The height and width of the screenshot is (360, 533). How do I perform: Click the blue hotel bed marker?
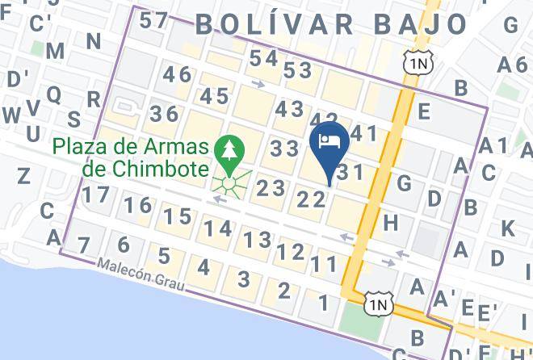pos(329,142)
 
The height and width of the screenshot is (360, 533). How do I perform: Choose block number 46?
pos(177,75)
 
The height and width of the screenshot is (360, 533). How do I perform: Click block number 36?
pos(164,114)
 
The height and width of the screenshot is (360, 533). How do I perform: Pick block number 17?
pos(96,194)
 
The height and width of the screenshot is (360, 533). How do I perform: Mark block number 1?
pos(323,303)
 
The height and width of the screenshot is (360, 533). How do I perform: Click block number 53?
pos(297,70)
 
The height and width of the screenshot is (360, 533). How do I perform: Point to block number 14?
pos(218,228)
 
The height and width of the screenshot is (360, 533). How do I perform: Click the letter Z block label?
pos(23,175)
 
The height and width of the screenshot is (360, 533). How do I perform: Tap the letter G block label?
pos(405,183)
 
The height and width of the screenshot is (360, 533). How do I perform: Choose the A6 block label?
pos(512,65)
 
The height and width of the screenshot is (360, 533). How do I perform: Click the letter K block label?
pos(507,228)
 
